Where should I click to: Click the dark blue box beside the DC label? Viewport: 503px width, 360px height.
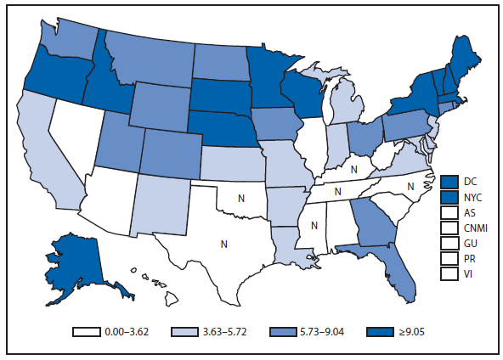pos(450,181)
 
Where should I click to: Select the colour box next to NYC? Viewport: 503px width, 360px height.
pos(450,196)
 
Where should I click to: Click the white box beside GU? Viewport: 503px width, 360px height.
pos(450,243)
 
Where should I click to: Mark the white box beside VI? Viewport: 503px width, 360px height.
pos(450,273)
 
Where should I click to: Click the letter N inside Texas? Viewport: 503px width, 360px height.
pos(224,244)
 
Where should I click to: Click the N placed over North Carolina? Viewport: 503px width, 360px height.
pos(410,184)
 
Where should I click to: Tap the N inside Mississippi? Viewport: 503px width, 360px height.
pos(314,226)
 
